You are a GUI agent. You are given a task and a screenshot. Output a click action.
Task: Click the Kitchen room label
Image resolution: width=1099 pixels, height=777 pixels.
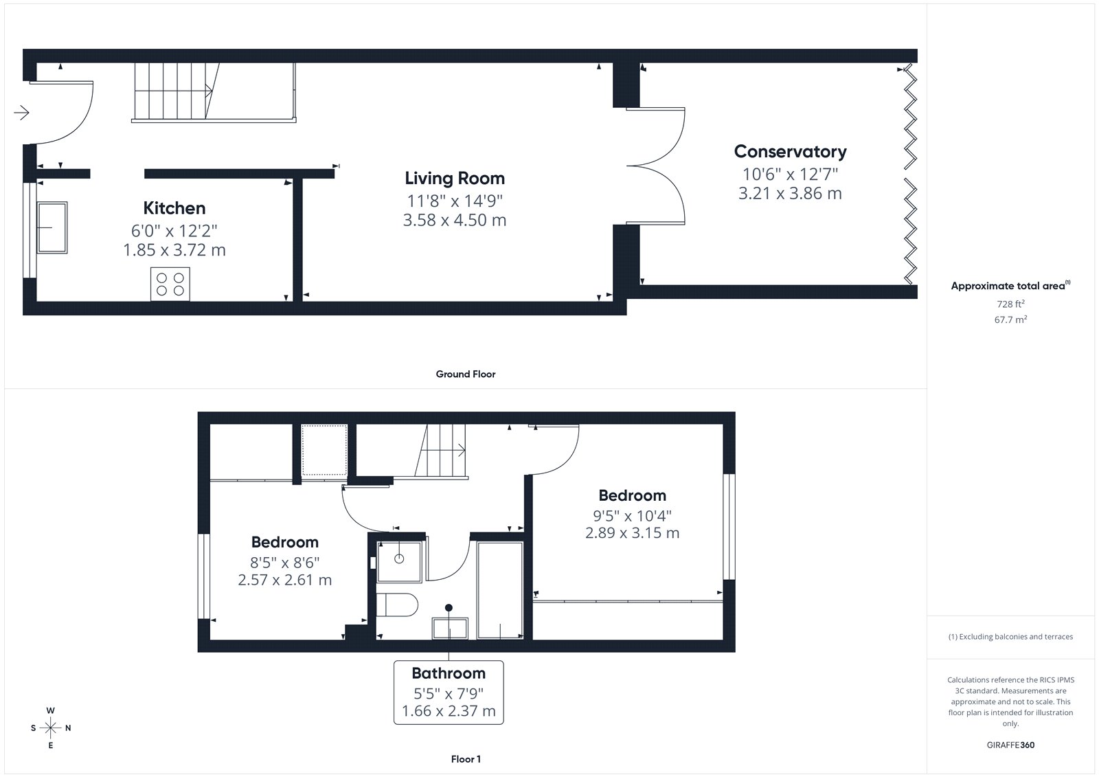point(174,208)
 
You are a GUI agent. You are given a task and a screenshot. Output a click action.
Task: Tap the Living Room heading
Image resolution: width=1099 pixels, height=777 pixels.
point(454,178)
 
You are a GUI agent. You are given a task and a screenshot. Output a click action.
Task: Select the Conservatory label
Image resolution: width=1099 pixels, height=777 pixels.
point(790,152)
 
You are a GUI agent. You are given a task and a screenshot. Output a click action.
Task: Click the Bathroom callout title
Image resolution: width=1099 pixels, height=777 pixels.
point(449,673)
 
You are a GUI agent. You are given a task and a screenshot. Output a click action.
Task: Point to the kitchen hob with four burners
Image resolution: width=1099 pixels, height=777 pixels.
point(170,284)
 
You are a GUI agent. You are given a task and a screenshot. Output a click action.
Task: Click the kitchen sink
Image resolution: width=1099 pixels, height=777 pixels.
point(52,227)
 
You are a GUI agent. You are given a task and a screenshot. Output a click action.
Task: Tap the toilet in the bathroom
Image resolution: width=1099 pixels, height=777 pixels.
point(396,605)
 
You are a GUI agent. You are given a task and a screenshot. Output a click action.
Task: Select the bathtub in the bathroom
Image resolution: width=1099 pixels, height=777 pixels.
point(500,590)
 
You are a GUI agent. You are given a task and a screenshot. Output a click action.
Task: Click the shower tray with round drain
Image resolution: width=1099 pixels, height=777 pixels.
point(399,561)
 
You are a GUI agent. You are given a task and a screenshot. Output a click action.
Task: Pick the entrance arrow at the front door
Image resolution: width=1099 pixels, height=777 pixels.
point(21,113)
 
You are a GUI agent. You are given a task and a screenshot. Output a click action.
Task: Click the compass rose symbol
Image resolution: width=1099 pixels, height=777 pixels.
point(51,728)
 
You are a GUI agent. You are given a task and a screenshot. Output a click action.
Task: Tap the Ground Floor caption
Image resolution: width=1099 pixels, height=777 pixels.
point(466,374)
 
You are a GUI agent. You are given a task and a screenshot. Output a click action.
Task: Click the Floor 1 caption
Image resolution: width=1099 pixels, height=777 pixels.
point(466,759)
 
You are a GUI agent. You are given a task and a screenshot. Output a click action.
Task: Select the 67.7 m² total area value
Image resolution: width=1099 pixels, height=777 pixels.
point(1010,319)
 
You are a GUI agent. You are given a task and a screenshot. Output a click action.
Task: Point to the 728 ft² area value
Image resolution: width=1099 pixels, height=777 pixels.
point(1010,304)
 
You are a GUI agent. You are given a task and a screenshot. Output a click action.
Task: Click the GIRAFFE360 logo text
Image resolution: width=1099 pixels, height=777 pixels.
point(1010,745)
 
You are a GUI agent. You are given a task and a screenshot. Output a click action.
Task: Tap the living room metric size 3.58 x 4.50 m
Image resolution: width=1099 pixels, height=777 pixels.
point(454,221)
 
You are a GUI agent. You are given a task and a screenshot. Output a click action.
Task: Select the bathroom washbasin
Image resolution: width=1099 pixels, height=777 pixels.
point(450,629)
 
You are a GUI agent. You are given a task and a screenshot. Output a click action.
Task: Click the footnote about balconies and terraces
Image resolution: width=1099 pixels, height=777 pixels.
point(1010,637)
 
